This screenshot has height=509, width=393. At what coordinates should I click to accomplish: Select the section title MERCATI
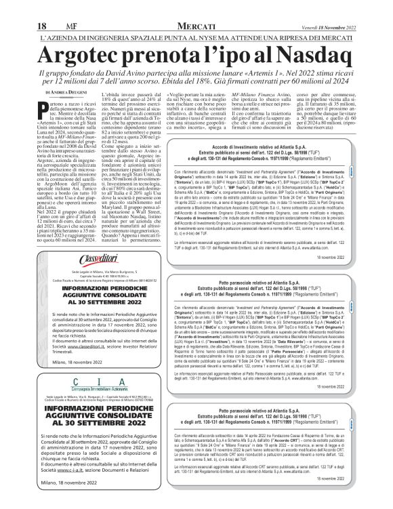click(196, 7)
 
